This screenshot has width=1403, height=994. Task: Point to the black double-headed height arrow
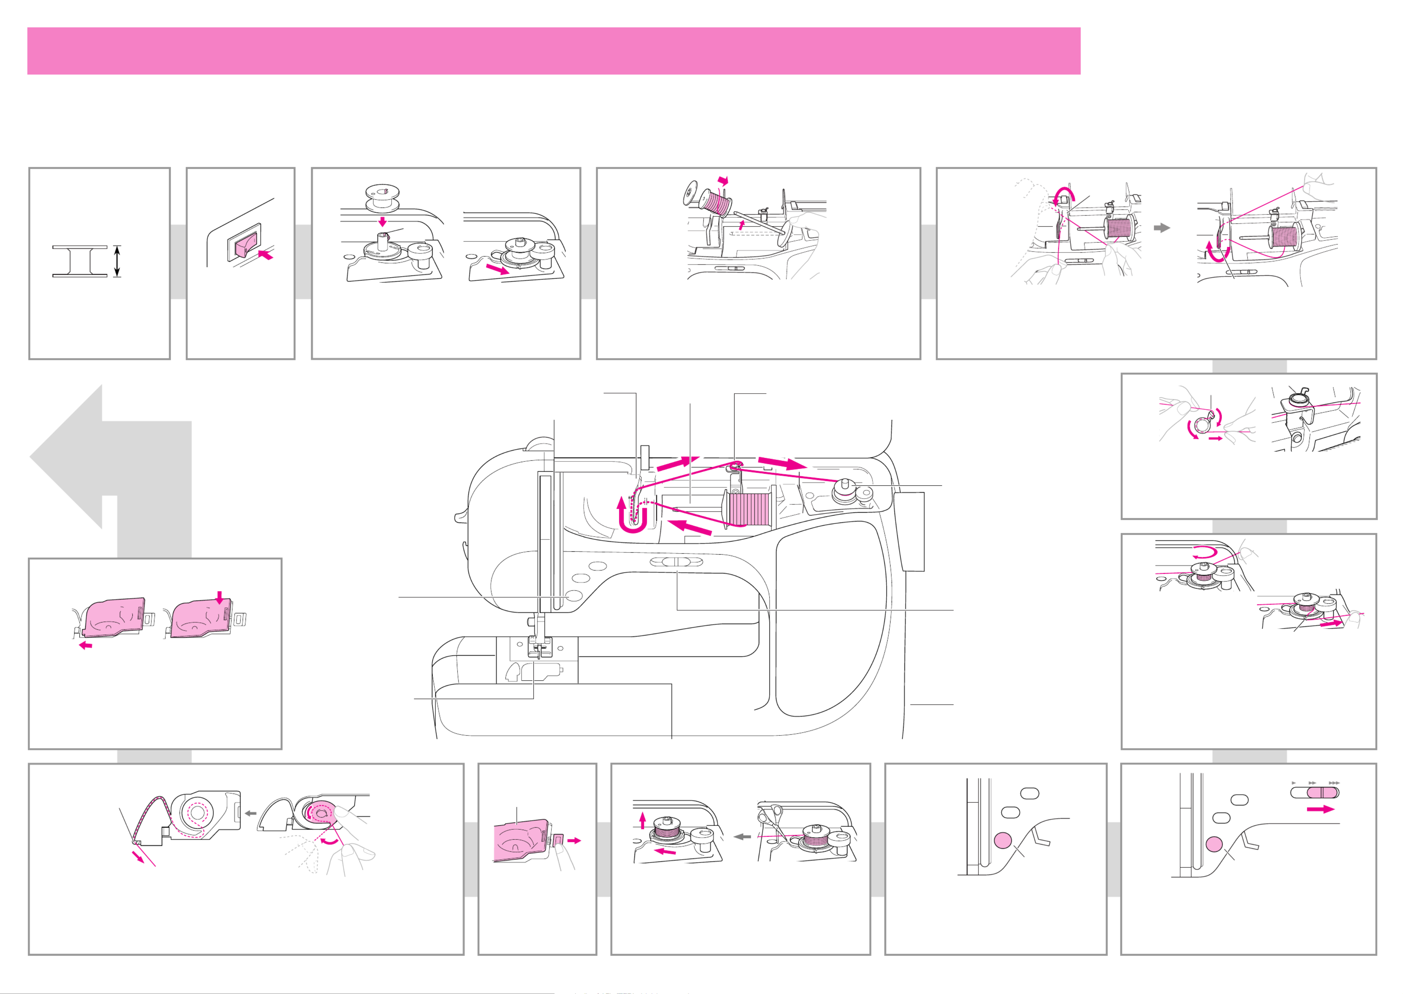click(117, 261)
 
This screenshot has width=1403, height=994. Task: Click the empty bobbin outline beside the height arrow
click(79, 261)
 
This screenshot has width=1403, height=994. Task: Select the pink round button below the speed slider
click(1214, 845)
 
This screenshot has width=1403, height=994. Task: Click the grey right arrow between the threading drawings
click(1161, 228)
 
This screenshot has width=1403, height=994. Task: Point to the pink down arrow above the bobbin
click(382, 221)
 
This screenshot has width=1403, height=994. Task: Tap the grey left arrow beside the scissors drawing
click(742, 836)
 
